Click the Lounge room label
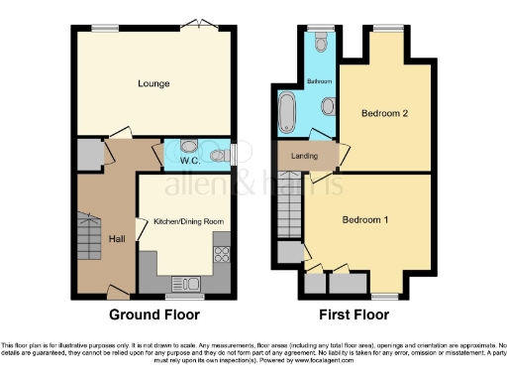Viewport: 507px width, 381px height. pos(154,84)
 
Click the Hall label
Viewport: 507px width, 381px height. pos(116,238)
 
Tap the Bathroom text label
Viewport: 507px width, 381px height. pos(319,79)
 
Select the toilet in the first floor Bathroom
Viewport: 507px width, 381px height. pos(319,43)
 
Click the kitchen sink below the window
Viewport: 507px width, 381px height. pos(183,284)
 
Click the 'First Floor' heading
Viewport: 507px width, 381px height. pos(354,315)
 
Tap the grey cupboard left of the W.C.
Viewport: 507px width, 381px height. pos(88,155)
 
